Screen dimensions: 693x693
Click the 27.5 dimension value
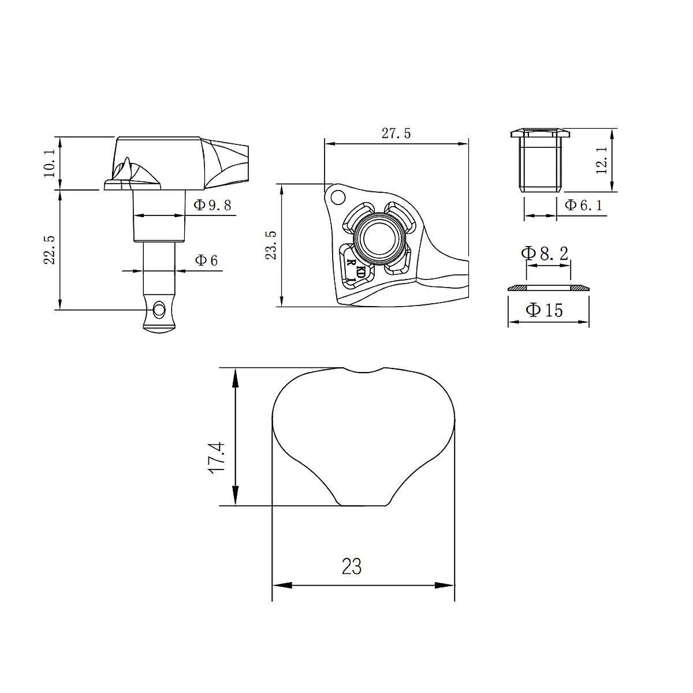[x=396, y=134]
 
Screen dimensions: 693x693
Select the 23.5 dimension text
[x=271, y=245]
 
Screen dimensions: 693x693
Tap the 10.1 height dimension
[x=49, y=163]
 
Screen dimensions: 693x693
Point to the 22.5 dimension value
[x=49, y=250]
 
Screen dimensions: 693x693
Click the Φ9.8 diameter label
[x=212, y=206]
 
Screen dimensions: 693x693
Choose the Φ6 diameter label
[x=206, y=260]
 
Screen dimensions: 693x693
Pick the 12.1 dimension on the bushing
[x=602, y=160]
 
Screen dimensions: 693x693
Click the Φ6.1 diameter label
[x=583, y=205]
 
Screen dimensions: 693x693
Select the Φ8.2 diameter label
[x=545, y=254]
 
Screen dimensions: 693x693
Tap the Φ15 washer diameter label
[x=544, y=310]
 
